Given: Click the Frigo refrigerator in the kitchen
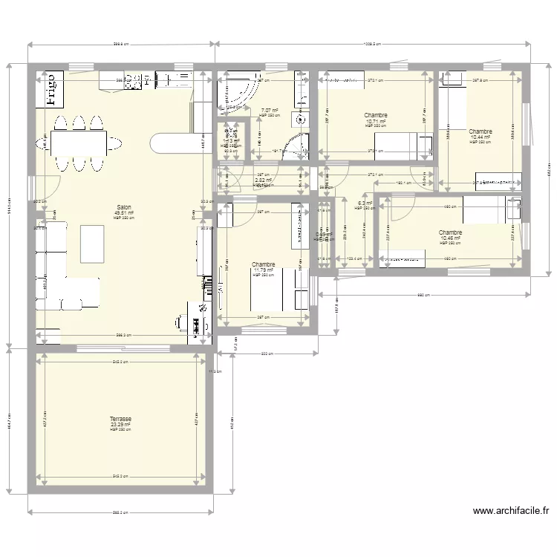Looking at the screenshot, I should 50,91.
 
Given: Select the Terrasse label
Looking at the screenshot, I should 120,419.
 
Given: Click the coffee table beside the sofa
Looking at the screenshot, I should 91,244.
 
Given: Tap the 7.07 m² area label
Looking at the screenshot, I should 269,110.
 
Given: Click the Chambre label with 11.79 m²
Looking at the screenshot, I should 263,264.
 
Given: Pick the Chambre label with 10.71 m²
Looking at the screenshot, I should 376,115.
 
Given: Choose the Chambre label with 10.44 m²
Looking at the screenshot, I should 481,131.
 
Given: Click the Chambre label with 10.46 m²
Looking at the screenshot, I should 450,232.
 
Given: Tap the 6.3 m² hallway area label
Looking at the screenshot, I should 365,203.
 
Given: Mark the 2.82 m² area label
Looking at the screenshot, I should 263,180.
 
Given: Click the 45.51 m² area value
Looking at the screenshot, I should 123,212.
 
